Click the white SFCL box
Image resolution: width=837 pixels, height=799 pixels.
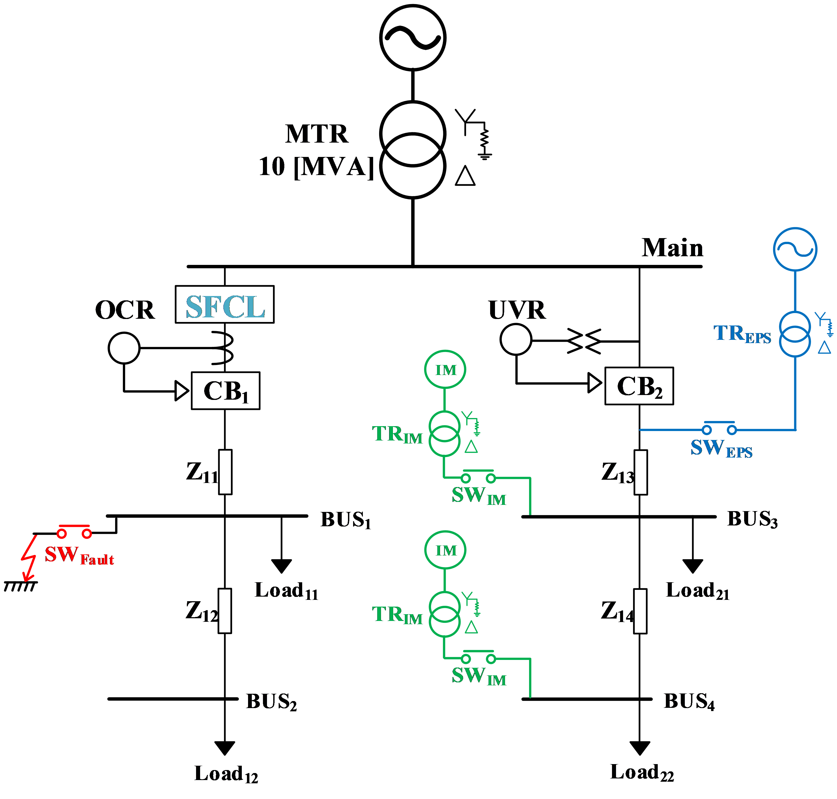tap(224, 304)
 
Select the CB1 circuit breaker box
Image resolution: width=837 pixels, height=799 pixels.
tap(226, 390)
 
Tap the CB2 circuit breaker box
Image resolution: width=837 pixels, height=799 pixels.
tap(639, 386)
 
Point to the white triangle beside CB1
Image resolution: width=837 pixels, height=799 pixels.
tap(181, 390)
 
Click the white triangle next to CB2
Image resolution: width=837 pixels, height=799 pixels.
tap(594, 383)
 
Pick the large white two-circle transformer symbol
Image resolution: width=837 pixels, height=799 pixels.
tap(412, 150)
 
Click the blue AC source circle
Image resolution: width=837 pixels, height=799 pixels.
tap(795, 249)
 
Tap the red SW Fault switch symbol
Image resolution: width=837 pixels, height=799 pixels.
tap(74, 531)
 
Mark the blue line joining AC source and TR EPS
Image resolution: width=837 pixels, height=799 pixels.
tap(795, 291)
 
